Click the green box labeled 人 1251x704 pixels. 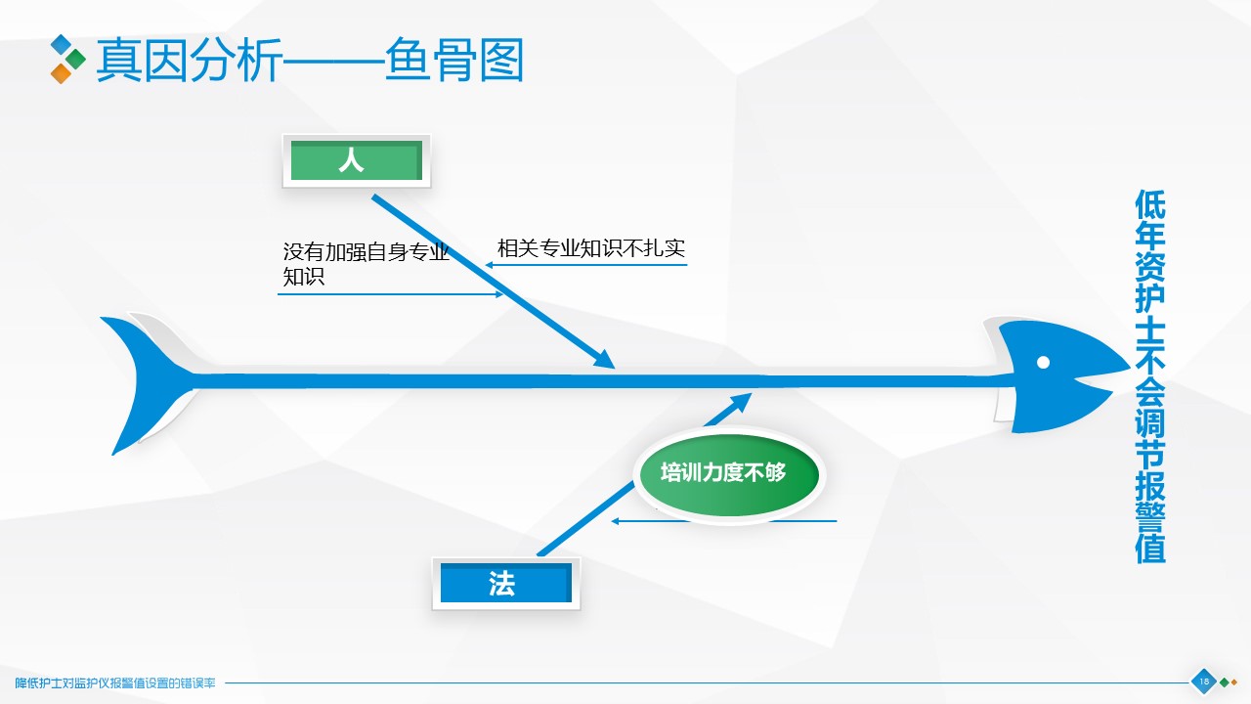coord(357,161)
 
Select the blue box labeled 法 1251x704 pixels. coord(506,583)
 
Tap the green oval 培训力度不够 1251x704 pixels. coord(728,475)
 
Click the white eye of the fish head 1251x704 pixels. coord(1043,363)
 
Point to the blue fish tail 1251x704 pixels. coord(148,382)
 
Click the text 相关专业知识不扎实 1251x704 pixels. coord(591,248)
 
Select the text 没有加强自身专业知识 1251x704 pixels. coord(366,264)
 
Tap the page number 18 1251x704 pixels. coord(1203,682)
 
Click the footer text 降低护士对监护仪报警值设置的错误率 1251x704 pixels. coord(115,682)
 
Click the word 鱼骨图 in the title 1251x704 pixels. coord(454,60)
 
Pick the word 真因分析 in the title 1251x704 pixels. coord(189,60)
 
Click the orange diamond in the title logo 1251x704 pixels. coord(61,73)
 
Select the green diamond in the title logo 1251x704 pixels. coord(75,60)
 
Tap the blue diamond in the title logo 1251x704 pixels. coord(61,45)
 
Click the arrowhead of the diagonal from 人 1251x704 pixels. coord(605,359)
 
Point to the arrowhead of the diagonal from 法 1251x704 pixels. coord(741,401)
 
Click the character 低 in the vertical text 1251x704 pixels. coord(1150,205)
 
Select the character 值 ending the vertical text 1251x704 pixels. coord(1150,549)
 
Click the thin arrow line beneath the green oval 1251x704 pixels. coord(724,521)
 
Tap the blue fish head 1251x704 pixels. coord(1056,375)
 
